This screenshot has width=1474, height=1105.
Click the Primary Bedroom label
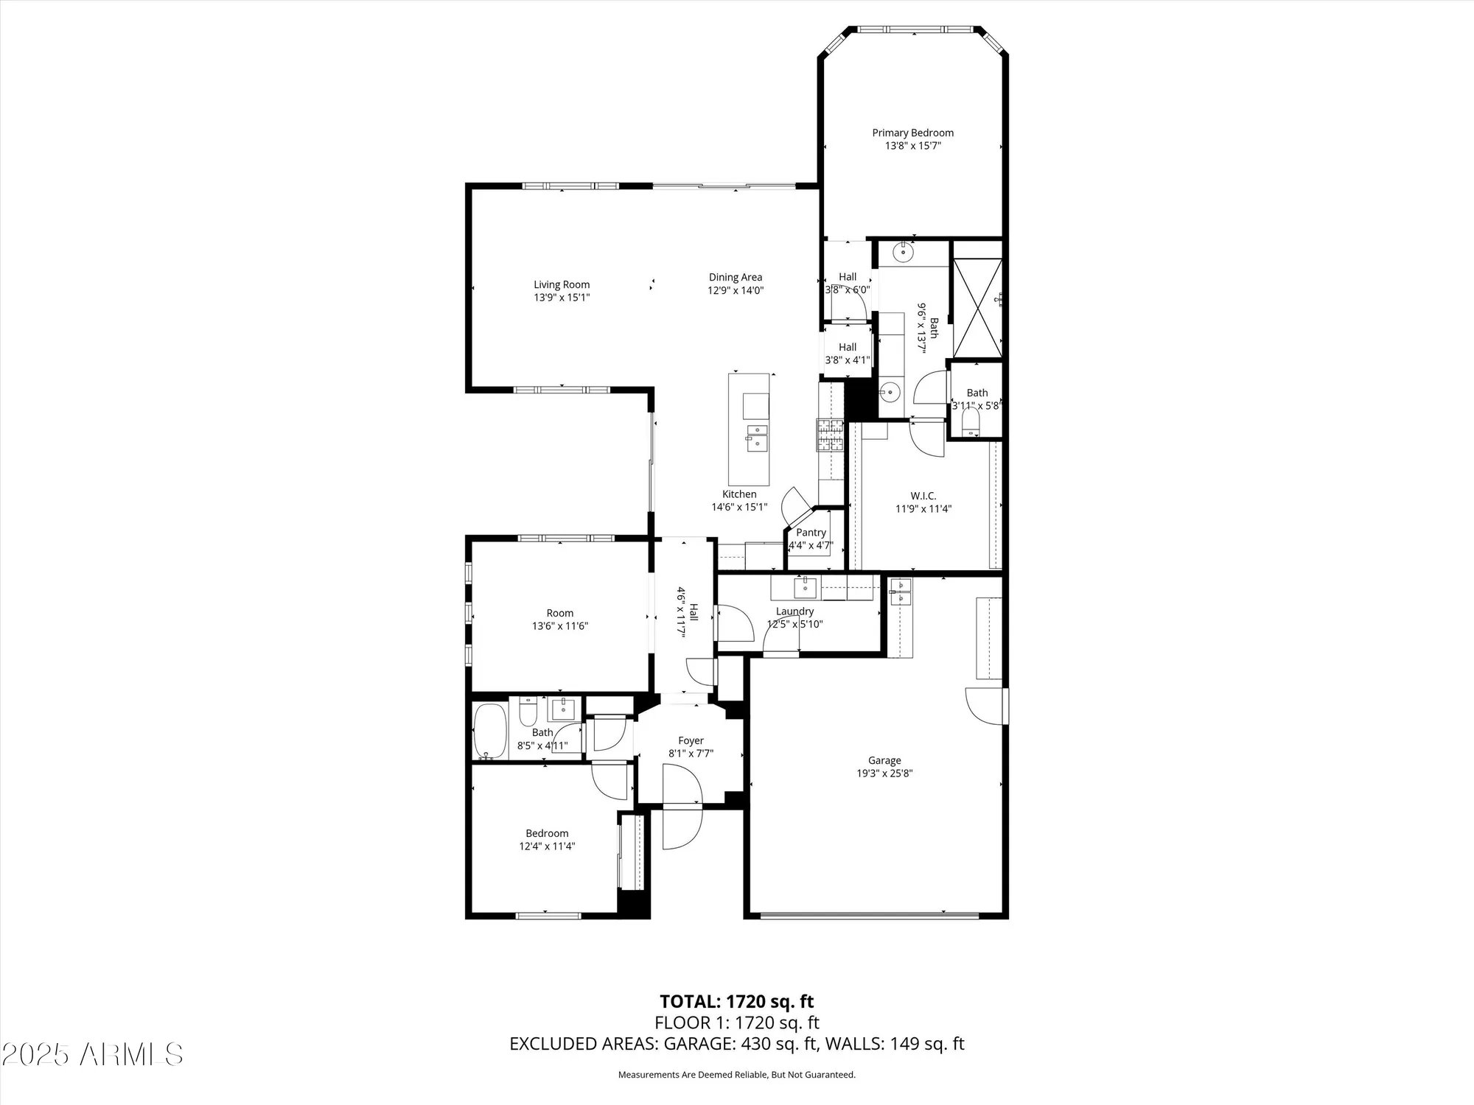point(912,133)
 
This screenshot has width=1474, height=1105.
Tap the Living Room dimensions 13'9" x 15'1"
point(562,298)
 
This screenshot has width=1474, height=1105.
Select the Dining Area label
point(735,277)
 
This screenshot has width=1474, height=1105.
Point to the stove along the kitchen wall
point(830,435)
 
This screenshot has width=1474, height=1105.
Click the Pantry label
point(811,533)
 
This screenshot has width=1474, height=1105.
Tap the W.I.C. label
point(923,496)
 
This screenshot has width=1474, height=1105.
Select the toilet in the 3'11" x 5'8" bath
point(971,421)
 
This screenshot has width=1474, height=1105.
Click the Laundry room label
point(794,611)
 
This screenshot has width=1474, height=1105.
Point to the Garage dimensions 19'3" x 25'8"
point(884,773)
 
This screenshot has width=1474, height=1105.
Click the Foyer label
point(691,740)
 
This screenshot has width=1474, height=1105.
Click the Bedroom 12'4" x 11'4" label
point(547,833)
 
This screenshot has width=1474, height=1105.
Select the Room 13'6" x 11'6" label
point(560,613)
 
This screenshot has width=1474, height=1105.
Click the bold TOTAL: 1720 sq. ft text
point(736,1001)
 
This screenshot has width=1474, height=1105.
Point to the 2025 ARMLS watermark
point(91,1055)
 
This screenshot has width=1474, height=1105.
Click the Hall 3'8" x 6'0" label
point(847,277)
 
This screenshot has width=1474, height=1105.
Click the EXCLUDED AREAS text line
point(736,1043)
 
